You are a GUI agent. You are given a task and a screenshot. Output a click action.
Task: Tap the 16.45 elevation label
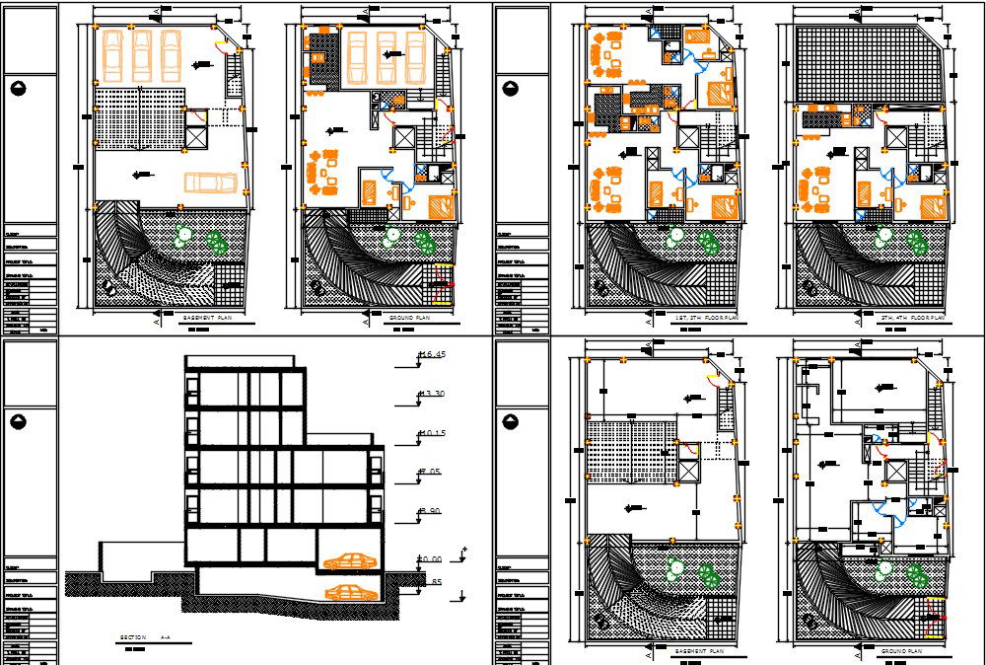pos(432,354)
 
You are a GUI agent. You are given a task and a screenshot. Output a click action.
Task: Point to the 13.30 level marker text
pos(432,395)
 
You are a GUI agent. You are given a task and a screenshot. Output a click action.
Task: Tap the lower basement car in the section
pos(350,592)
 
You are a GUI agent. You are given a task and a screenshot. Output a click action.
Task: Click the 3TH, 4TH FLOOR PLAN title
pos(912,319)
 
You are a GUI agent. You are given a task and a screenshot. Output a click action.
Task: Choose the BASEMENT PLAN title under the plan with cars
pos(210,319)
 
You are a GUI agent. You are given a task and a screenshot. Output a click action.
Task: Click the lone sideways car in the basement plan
pos(210,182)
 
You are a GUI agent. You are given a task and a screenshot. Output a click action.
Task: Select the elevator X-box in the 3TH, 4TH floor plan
pos(896,138)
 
